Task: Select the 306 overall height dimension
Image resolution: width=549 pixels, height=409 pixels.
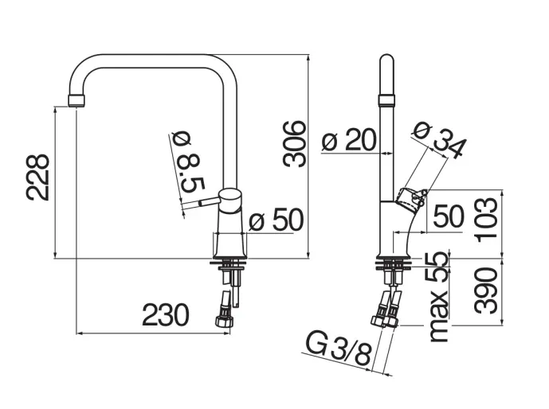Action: (296, 143)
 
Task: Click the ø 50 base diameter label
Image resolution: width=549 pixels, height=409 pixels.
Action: (276, 220)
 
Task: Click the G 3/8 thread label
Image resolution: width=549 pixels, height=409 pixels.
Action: (339, 349)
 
